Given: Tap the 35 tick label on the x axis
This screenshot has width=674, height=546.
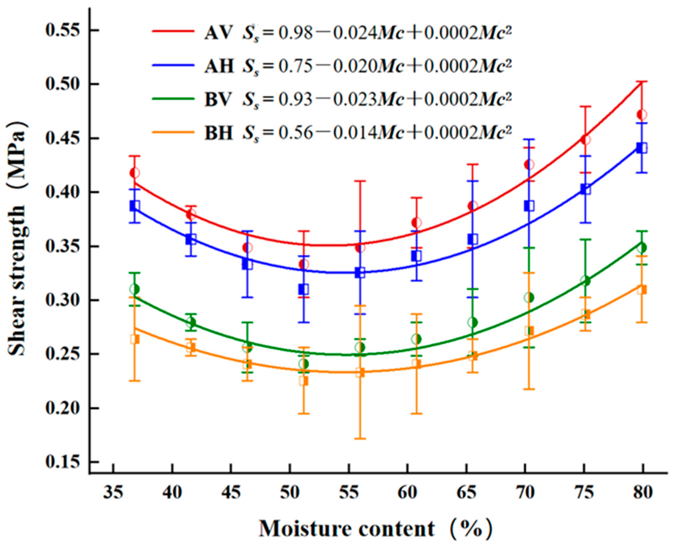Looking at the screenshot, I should pos(113,492).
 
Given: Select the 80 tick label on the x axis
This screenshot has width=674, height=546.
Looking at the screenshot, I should pos(643,492).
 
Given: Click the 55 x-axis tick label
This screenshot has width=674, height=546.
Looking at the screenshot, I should pos(349,492).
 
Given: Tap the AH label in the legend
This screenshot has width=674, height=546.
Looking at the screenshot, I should pos(219,65).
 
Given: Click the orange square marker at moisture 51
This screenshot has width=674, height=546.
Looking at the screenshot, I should pos(304,381).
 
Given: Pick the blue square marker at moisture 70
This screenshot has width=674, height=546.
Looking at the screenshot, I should pos(529,206).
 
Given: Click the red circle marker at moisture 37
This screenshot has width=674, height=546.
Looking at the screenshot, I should pos(134,173).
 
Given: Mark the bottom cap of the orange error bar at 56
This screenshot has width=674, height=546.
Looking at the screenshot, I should pos(361,438).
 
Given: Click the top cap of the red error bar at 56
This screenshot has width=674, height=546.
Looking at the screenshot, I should pos(361,181).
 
